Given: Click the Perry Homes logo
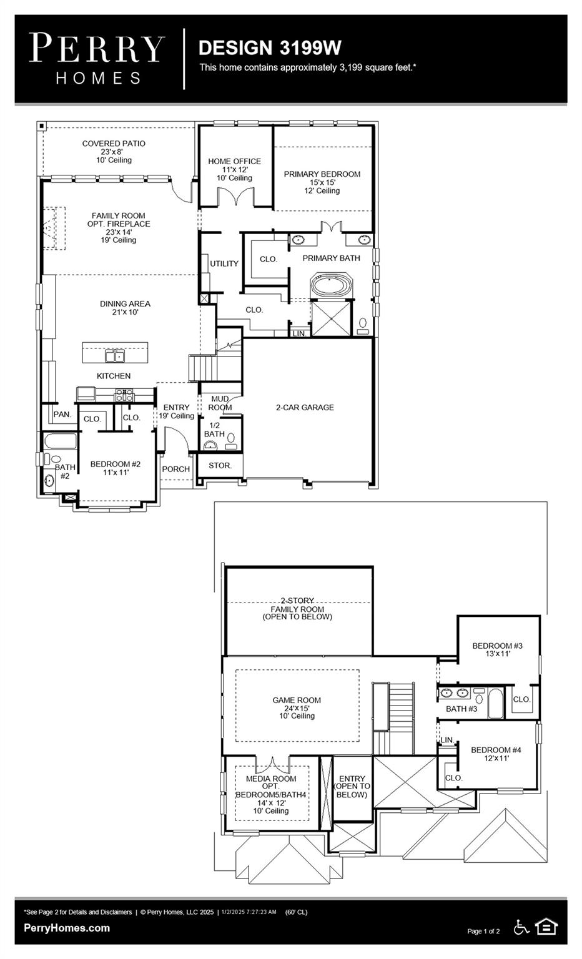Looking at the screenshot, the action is (x=97, y=59).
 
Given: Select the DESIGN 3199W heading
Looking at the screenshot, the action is (x=270, y=48).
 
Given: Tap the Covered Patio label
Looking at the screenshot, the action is (x=114, y=152).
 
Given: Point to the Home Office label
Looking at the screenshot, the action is (x=234, y=170).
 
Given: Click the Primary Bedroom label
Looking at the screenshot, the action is (x=322, y=182).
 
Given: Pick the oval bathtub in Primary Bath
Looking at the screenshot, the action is (x=332, y=285).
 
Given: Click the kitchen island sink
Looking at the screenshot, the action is (x=115, y=356).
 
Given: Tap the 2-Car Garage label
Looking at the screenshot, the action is (x=305, y=408).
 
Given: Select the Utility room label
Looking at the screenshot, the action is (x=224, y=263).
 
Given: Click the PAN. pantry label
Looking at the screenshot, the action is (x=62, y=415).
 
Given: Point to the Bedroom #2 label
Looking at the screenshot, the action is (x=115, y=468).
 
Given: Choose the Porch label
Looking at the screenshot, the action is (x=175, y=470).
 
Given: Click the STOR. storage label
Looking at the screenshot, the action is (x=220, y=465).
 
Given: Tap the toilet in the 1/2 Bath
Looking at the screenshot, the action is (x=231, y=441).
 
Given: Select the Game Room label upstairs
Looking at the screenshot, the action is (x=297, y=707).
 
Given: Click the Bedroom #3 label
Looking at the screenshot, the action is (x=497, y=649).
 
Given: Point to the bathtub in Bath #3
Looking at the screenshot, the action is (x=495, y=703).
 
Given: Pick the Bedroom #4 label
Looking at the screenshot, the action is (x=496, y=754).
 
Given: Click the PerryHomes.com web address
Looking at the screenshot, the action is (x=67, y=928).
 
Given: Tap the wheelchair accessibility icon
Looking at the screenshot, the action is (x=521, y=927).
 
